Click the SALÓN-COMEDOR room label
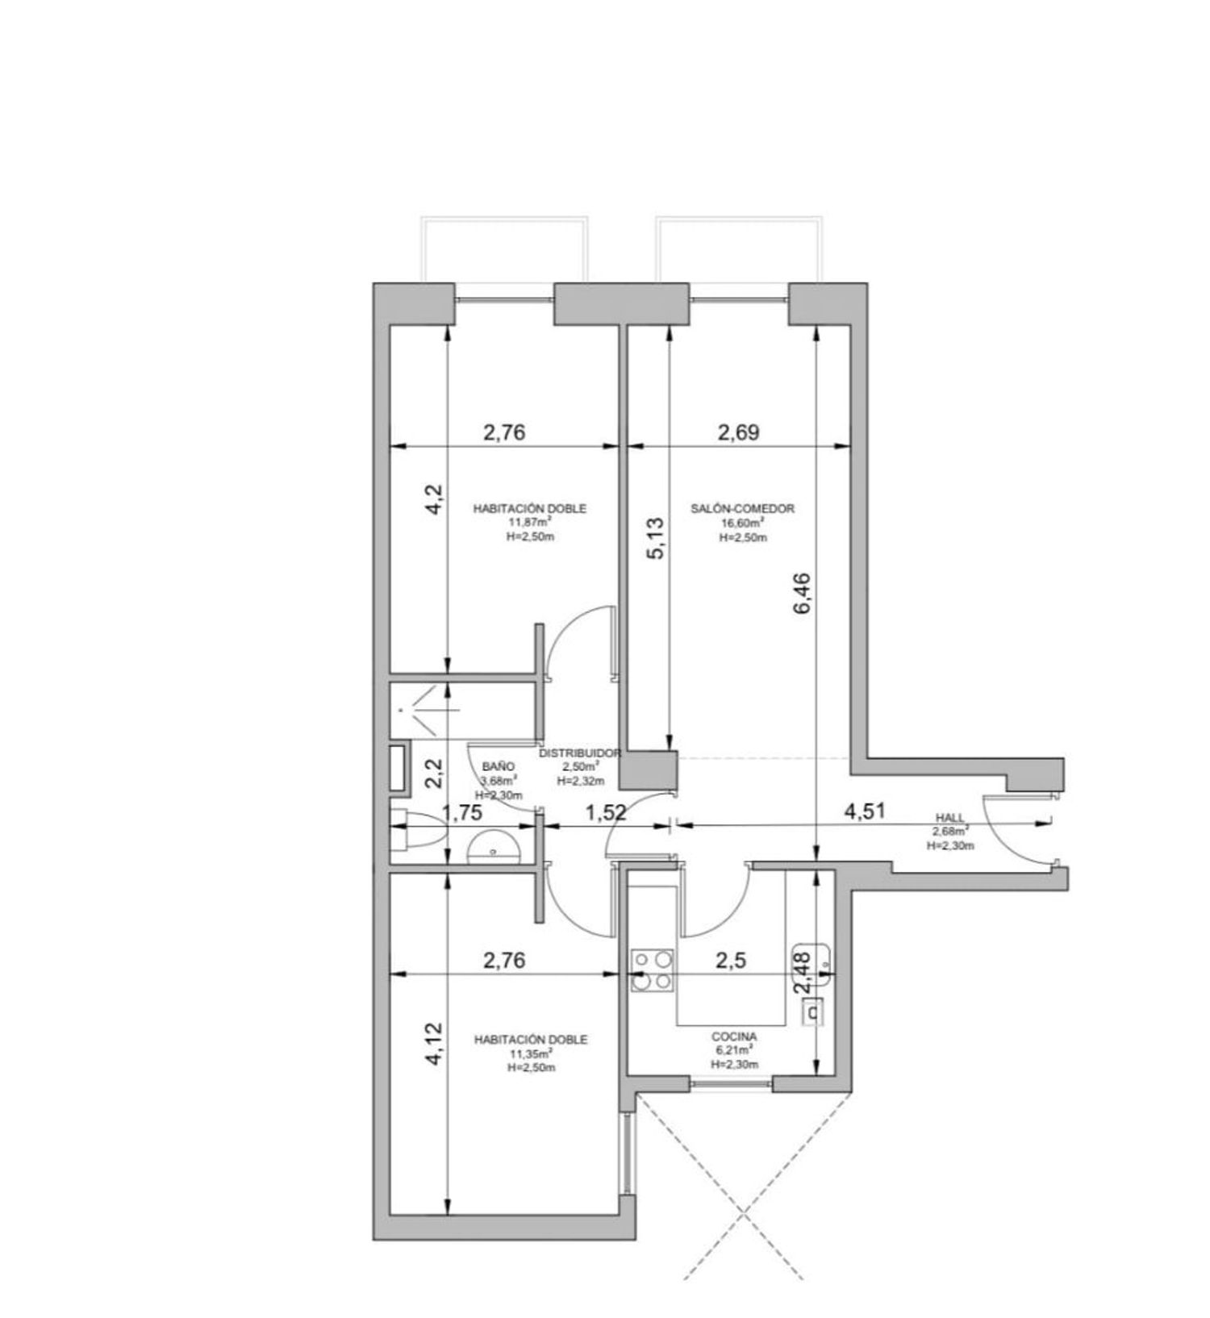(742, 509)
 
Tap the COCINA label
(734, 1037)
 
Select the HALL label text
(950, 818)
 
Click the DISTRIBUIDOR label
(580, 753)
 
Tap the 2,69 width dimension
(739, 432)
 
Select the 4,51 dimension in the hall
(865, 811)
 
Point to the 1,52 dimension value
(607, 813)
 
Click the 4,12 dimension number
(434, 1045)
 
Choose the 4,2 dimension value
(434, 499)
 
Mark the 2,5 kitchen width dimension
(730, 960)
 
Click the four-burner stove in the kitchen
(652, 970)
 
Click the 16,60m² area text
(742, 523)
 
